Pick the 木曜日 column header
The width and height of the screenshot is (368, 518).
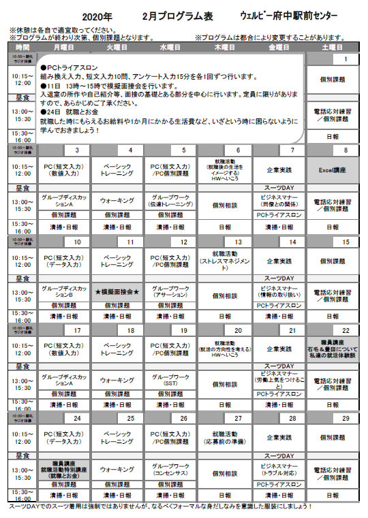point(226,48)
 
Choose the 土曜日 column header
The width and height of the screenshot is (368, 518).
point(333,48)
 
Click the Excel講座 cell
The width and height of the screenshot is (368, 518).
point(333,167)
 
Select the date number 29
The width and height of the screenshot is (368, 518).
point(346,418)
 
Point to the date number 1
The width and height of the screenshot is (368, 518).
point(346,60)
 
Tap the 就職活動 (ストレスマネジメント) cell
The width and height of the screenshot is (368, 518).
point(226,259)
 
